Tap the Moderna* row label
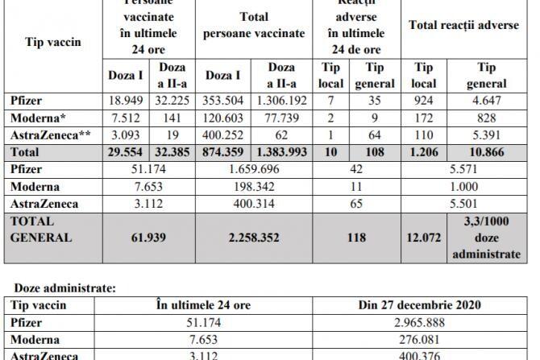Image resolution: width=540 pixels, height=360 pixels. [38, 118]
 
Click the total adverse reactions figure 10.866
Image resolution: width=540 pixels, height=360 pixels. [485, 151]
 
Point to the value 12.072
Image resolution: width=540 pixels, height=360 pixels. [425, 238]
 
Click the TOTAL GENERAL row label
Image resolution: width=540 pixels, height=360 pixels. [40, 229]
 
